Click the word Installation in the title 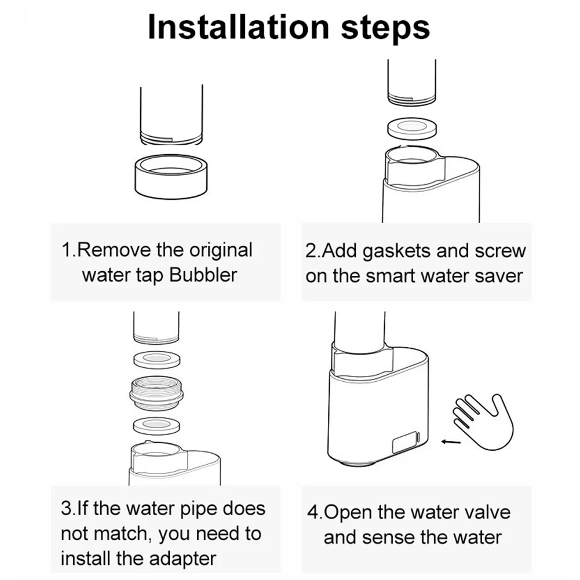[x=239, y=27]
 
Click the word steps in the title [x=385, y=29]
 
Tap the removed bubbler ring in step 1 [x=171, y=176]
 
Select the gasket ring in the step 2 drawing [x=412, y=129]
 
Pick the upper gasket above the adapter [x=156, y=359]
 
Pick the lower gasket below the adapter [x=156, y=425]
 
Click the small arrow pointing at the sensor [x=451, y=442]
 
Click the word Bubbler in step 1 [x=203, y=275]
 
